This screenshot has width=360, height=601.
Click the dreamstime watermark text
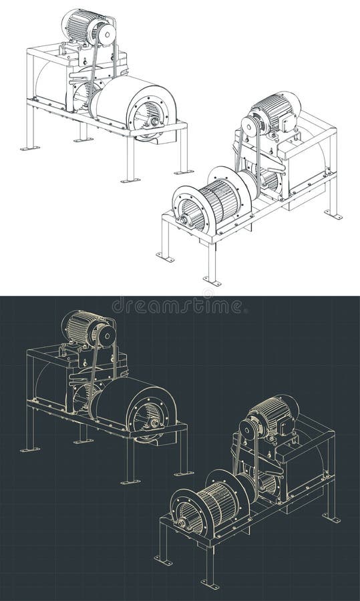click(178, 306)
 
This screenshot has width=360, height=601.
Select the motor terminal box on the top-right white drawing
click(289, 121)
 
